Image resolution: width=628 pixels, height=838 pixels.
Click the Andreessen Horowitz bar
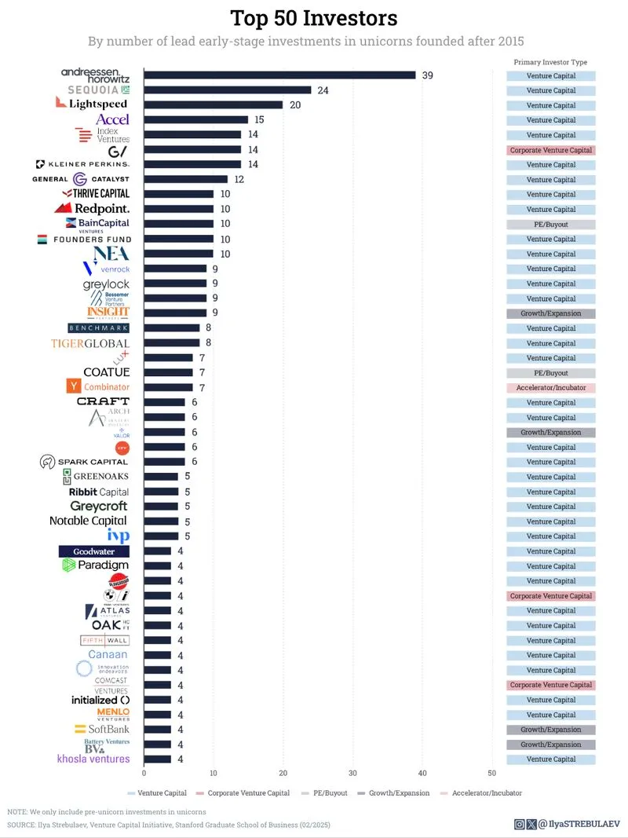click(279, 75)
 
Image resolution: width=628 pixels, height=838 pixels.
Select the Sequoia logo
click(96, 90)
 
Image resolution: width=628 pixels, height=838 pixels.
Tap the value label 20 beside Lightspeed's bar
click(295, 105)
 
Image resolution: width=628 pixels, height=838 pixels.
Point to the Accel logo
click(112, 119)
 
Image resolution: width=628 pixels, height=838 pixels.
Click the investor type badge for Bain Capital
click(550, 225)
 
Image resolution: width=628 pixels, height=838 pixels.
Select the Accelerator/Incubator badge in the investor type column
click(550, 388)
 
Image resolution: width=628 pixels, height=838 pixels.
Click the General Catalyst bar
click(186, 180)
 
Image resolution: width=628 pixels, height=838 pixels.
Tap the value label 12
click(239, 180)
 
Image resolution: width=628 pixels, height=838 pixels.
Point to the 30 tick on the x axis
click(352, 773)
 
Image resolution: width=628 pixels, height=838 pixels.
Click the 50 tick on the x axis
click(492, 773)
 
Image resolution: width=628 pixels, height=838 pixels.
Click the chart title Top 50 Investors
click(314, 18)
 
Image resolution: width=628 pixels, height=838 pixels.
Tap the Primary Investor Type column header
click(550, 62)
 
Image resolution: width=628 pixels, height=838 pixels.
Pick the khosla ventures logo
click(93, 759)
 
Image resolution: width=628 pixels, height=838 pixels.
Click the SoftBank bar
click(157, 730)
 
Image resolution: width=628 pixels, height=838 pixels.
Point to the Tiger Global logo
click(90, 343)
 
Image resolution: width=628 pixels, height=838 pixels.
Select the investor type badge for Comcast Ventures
click(550, 685)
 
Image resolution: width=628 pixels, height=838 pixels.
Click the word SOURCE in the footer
click(21, 825)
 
